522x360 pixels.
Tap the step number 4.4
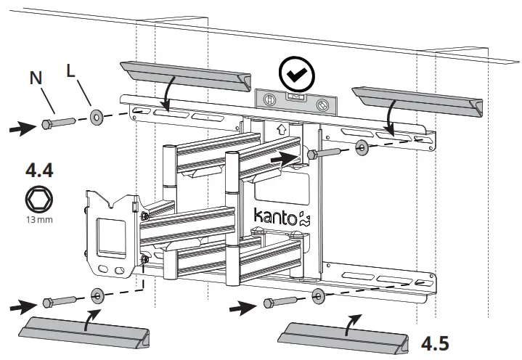(38, 171)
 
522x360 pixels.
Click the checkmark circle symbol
(295, 73)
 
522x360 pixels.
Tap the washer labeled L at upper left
(97, 115)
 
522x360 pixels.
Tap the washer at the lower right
(317, 295)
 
